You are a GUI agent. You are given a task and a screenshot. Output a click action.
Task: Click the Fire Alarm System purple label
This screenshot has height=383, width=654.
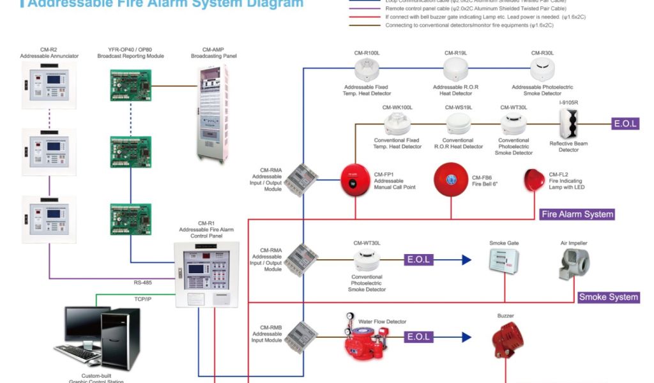click(577, 214)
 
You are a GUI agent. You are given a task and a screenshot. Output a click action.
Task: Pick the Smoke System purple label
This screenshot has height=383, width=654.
click(609, 297)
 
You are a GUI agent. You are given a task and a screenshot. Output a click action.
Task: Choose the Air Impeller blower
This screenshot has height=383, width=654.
click(574, 264)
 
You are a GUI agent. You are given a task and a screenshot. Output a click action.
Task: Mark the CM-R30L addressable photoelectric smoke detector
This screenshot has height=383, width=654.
click(542, 68)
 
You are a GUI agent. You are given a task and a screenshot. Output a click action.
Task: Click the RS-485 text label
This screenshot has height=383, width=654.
click(142, 283)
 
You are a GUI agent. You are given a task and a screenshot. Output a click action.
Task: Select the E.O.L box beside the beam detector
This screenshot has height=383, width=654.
click(625, 124)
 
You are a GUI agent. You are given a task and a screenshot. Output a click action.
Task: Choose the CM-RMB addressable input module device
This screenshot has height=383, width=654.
click(301, 338)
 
